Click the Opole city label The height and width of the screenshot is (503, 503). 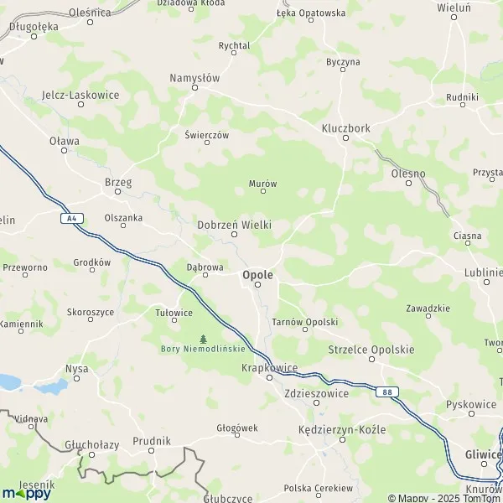tap(257, 273)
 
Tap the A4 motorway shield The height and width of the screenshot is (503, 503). tap(73, 219)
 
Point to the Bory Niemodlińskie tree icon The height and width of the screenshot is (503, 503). tap(203, 339)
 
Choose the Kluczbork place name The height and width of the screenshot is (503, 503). tap(345, 128)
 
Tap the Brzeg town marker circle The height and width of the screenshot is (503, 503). tap(118, 191)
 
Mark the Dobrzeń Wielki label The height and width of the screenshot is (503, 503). tap(234, 225)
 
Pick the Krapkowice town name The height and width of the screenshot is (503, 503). tap(270, 367)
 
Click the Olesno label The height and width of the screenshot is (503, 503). tap(408, 174)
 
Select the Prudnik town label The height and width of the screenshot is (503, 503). tap(152, 440)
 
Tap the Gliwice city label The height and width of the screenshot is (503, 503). tap(482, 454)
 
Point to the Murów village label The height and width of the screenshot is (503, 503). tap(262, 183)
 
